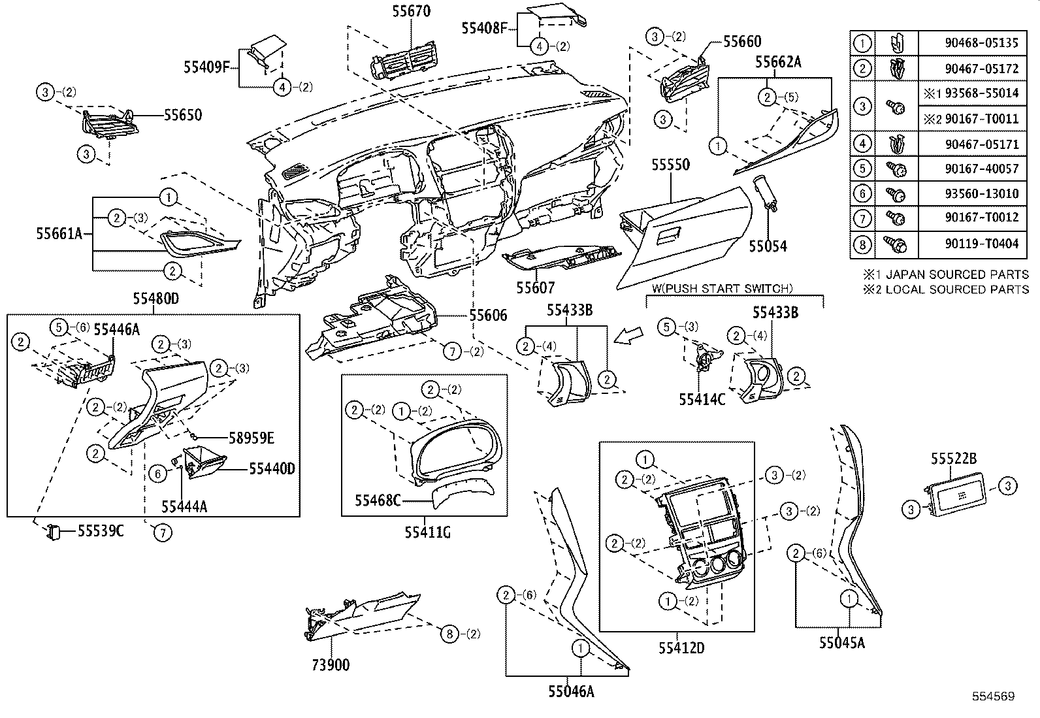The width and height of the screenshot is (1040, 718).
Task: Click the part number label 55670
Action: [x=412, y=11]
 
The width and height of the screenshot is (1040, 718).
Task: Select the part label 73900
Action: [x=330, y=665]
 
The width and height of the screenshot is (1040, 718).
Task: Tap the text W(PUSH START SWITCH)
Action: [x=722, y=288]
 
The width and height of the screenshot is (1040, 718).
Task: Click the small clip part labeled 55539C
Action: [x=52, y=532]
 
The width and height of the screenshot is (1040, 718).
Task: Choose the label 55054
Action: [x=768, y=246]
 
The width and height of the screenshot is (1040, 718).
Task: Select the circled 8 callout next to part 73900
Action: [x=449, y=633]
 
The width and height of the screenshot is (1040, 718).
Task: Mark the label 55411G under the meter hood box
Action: [x=427, y=532]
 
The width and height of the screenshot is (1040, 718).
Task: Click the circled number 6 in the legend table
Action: [x=862, y=194]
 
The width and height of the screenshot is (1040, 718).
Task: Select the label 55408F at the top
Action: [x=484, y=28]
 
